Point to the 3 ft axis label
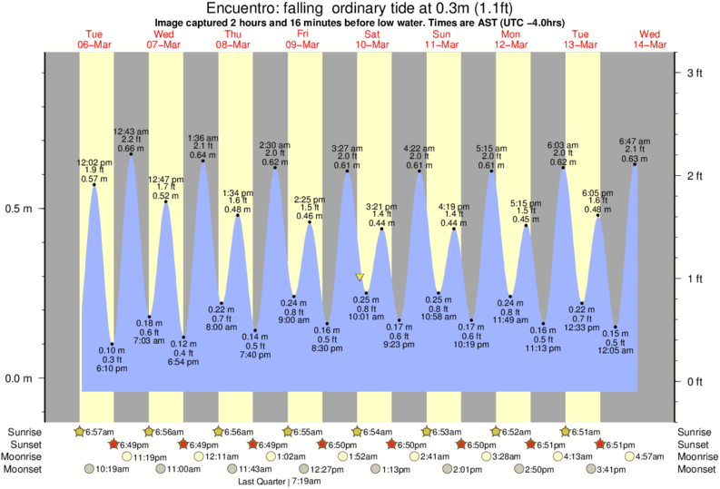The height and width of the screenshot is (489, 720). [x=695, y=72]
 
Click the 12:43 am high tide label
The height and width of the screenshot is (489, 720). [x=131, y=132]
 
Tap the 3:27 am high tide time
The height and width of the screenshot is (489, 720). [x=346, y=148]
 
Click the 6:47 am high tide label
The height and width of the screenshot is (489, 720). [x=635, y=142]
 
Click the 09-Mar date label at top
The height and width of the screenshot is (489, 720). [x=302, y=44]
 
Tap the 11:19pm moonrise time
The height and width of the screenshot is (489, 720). [x=149, y=457]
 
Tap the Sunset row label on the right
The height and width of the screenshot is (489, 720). [x=695, y=445]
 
